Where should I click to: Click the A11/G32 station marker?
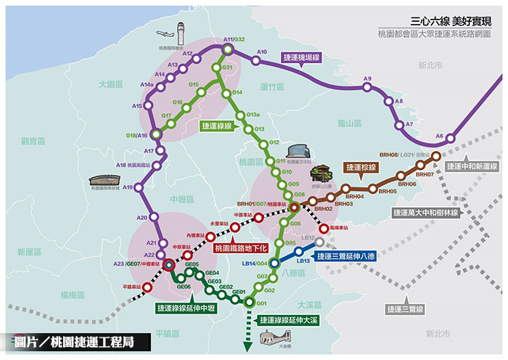point(228,49)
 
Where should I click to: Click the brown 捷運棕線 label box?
point(359,167)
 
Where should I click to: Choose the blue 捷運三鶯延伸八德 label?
point(344,256)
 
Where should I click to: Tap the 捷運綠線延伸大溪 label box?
point(288,318)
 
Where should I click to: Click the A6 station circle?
point(451,137)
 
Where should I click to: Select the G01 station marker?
point(250,302)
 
